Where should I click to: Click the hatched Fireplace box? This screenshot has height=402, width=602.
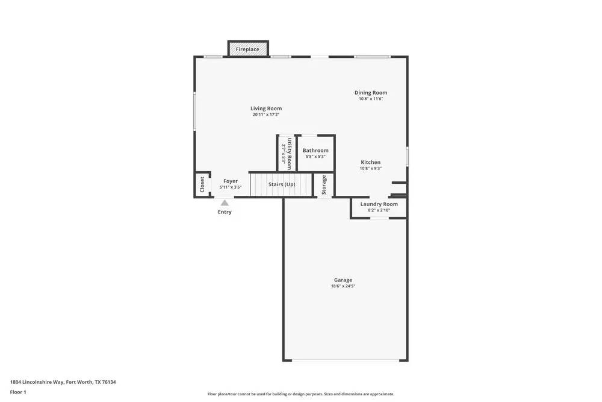tap(248, 49)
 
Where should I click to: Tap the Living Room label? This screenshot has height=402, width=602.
tap(266, 108)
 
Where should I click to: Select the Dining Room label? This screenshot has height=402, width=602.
tap(371, 93)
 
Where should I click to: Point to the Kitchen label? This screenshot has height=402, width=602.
tap(370, 162)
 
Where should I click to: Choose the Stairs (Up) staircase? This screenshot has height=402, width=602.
tap(282, 184)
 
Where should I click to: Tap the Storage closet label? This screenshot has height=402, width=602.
tap(324, 184)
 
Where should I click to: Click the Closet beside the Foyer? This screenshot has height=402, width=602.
tap(202, 184)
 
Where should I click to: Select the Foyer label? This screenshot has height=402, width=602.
tap(231, 181)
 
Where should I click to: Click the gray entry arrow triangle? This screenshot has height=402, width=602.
tap(224, 203)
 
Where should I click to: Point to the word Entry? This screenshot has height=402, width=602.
tap(225, 212)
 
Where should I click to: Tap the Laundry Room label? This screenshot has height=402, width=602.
tap(379, 204)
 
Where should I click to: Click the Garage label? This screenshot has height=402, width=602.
tap(343, 280)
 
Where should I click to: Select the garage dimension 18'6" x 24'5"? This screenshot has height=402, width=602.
tap(343, 286)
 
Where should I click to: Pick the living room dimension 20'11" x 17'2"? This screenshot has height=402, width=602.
tap(266, 115)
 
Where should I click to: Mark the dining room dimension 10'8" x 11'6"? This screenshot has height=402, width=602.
tap(371, 99)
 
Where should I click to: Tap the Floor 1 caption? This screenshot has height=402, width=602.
tap(18, 392)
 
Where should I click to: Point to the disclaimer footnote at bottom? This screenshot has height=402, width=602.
tap(301, 394)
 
